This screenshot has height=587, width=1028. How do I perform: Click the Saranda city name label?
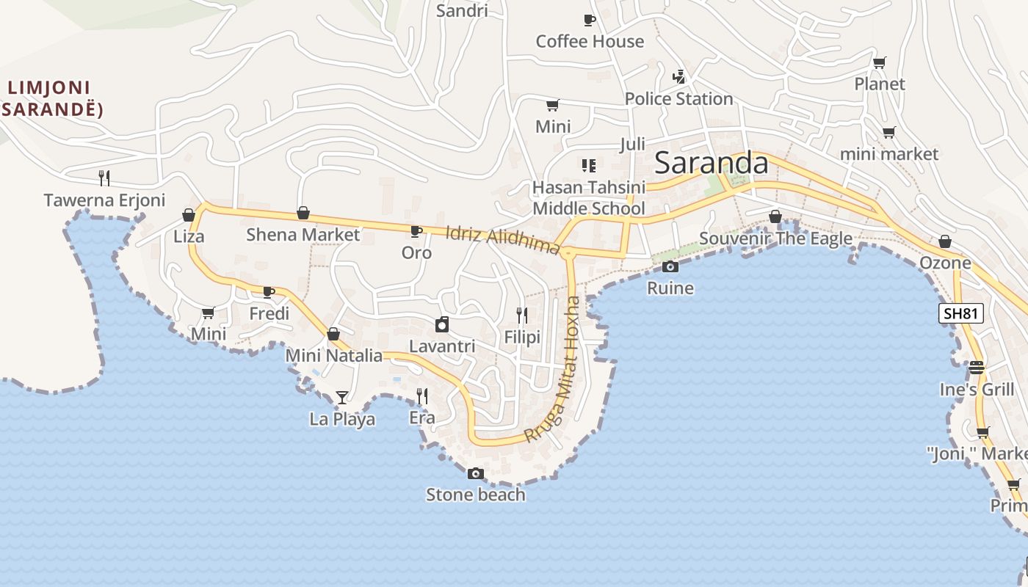click(711, 162)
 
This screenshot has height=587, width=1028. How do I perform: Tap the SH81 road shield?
click(961, 313)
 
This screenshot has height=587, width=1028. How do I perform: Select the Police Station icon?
click(679, 76)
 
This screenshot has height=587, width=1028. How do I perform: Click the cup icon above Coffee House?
click(589, 20)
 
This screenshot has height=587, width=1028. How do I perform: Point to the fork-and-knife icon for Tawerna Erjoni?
click(104, 178)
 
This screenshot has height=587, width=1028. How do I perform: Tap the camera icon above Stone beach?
click(476, 473)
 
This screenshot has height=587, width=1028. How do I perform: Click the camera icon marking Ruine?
click(670, 266)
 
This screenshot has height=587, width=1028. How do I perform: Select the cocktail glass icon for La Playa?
click(342, 398)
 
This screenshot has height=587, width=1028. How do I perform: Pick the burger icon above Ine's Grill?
click(976, 367)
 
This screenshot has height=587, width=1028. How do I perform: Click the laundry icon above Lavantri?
click(442, 324)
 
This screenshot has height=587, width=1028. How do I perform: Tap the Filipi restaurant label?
click(522, 337)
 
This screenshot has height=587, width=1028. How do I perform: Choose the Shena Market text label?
click(303, 235)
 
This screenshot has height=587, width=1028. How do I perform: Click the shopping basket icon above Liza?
click(189, 215)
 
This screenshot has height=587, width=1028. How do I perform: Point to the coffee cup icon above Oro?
click(416, 232)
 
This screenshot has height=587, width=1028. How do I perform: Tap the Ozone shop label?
click(945, 263)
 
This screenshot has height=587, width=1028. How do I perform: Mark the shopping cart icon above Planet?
click(879, 62)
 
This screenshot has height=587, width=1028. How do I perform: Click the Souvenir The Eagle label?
click(775, 238)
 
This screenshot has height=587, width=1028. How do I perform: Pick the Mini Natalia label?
click(334, 356)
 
